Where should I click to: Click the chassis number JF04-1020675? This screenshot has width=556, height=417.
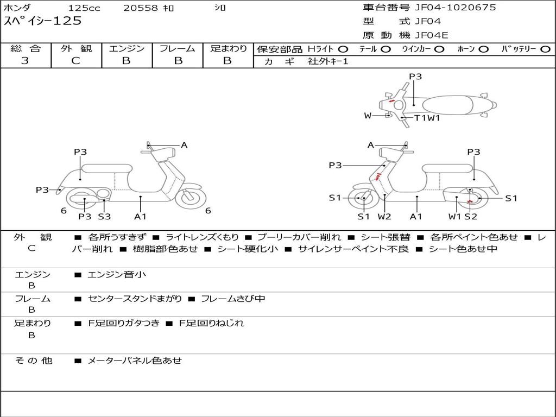pyautogui.click(x=456, y=8)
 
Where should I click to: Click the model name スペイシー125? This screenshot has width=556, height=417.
pyautogui.click(x=42, y=21)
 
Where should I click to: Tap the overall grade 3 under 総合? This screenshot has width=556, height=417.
pyautogui.click(x=25, y=61)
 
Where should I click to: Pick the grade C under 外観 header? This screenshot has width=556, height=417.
pyautogui.click(x=75, y=61)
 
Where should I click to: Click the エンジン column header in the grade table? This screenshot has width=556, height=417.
pyautogui.click(x=127, y=48)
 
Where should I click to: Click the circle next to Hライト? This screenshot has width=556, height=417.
pyautogui.click(x=343, y=49)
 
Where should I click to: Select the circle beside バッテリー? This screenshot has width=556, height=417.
pyautogui.click(x=545, y=49)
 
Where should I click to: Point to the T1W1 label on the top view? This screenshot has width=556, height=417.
pyautogui.click(x=427, y=118)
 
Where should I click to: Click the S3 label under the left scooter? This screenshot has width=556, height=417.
pyautogui.click(x=104, y=216)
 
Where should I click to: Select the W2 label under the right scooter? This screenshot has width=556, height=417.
pyautogui.click(x=384, y=216)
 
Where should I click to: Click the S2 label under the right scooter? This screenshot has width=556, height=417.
pyautogui.click(x=471, y=216)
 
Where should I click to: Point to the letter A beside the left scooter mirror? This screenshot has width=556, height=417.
pyautogui.click(x=184, y=145)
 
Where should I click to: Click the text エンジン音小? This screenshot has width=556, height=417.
pyautogui.click(x=117, y=274)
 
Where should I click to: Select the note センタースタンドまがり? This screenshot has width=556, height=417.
pyautogui.click(x=135, y=299)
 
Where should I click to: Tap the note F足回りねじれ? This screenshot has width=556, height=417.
pyautogui.click(x=211, y=323)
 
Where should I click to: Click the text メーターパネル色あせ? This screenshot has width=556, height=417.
pyautogui.click(x=135, y=361)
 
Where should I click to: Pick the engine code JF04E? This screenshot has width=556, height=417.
pyautogui.click(x=432, y=35)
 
